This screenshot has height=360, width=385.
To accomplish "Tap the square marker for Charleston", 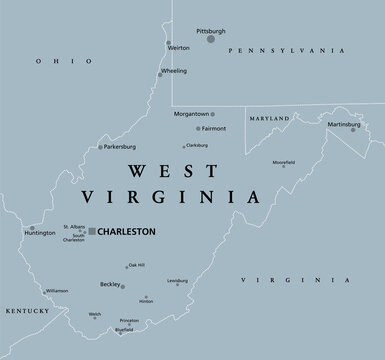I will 92,231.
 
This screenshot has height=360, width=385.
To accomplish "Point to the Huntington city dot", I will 32,229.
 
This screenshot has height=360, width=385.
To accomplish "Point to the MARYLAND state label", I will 271,117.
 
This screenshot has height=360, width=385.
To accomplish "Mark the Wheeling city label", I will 175,71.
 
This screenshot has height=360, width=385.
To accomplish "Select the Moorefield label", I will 284,162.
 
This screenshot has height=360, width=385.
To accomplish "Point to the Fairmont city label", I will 211,129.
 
